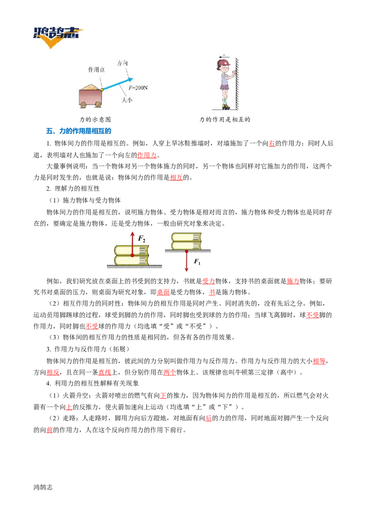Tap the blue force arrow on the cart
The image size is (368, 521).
pyautogui.click(x=118, y=84)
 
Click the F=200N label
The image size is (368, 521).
pyautogui.click(x=138, y=88)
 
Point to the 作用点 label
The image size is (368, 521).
pyautogui.click(x=96, y=69)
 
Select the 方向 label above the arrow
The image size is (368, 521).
pyautogui.click(x=122, y=63)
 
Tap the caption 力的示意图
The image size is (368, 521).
pyautogui.click(x=95, y=119)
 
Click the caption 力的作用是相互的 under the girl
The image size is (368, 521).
pyautogui.click(x=225, y=119)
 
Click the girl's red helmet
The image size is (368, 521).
pyautogui.click(x=224, y=62)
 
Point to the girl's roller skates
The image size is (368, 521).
pyautogui.click(x=226, y=106)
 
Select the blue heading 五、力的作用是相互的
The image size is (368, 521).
pyautogui.click(x=78, y=131)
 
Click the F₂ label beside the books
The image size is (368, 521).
pyautogui.click(x=142, y=238)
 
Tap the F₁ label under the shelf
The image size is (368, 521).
pyautogui.click(x=197, y=262)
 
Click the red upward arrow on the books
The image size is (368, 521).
pyautogui.click(x=132, y=244)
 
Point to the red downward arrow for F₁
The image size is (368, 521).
pyautogui.click(x=187, y=261)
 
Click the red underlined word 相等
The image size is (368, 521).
pyautogui.click(x=319, y=361)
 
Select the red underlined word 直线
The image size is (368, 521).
pyautogui.click(x=104, y=372)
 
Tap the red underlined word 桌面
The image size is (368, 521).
pyautogui.click(x=163, y=292)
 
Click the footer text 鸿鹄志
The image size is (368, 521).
pyautogui.click(x=43, y=487)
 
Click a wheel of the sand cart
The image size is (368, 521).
pyautogui.click(x=83, y=104)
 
